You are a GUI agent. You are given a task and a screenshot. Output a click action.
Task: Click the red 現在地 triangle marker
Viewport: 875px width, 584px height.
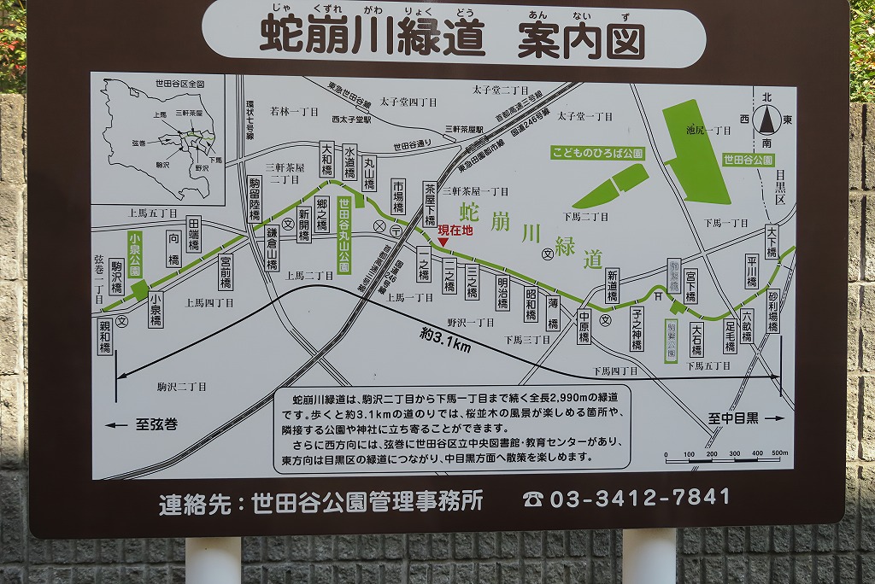443,242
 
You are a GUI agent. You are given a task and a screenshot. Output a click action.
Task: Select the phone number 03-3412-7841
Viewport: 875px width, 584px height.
639,497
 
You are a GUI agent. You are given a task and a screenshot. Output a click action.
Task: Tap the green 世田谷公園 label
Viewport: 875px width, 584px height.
748,160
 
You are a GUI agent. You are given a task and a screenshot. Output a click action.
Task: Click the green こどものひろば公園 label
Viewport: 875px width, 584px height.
597,154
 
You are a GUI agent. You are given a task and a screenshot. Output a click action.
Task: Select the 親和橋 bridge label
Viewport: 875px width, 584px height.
104,336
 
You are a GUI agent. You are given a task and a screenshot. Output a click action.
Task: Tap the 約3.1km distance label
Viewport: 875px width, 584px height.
445,341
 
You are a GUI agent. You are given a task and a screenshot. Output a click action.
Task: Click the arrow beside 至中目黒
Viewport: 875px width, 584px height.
773,418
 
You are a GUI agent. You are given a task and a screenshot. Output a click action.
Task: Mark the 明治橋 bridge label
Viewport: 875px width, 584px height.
502,293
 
